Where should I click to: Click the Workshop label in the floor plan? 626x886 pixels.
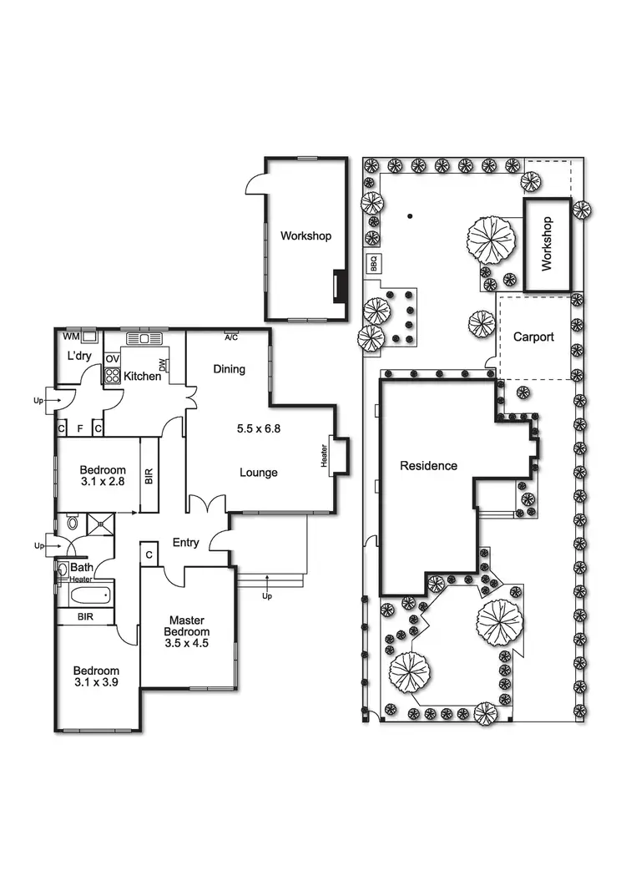pyautogui.click(x=305, y=236)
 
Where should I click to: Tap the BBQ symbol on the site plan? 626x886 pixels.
pyautogui.click(x=373, y=264)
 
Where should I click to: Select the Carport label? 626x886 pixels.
pyautogui.click(x=533, y=337)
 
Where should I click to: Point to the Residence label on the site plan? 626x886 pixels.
pyautogui.click(x=428, y=466)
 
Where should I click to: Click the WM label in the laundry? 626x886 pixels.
pyautogui.click(x=71, y=337)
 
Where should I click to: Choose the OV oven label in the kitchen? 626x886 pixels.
pyautogui.click(x=112, y=359)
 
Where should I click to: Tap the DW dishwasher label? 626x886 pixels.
pyautogui.click(x=163, y=364)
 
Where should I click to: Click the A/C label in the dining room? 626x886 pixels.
pyautogui.click(x=231, y=337)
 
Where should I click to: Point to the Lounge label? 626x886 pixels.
pyautogui.click(x=258, y=473)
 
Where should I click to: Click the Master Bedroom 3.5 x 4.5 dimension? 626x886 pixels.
pyautogui.click(x=188, y=644)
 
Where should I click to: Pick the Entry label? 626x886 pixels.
pyautogui.click(x=185, y=543)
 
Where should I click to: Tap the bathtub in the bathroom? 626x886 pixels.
pyautogui.click(x=88, y=596)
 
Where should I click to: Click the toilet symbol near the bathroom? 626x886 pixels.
pyautogui.click(x=73, y=524)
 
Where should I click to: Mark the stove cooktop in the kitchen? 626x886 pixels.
pyautogui.click(x=112, y=375)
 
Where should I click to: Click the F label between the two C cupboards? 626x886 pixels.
pyautogui.click(x=80, y=428)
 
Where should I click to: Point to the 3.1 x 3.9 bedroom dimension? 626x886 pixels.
pyautogui.click(x=96, y=682)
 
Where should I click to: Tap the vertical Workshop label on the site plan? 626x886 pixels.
pyautogui.click(x=548, y=244)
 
